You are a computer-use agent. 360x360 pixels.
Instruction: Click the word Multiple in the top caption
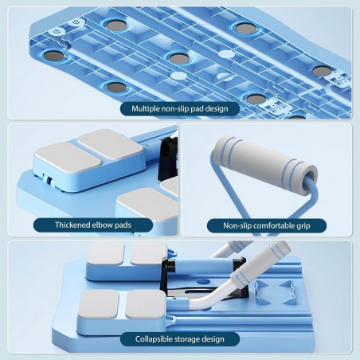click(146, 109)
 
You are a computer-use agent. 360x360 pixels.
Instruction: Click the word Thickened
click(72, 225)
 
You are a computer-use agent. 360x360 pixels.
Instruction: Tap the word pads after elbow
click(123, 225)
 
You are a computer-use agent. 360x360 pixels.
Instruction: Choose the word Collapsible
click(152, 339)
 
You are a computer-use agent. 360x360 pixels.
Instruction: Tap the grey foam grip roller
click(265, 157)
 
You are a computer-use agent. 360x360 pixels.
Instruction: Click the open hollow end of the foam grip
click(310, 176)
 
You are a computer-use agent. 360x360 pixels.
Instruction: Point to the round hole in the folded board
click(203, 281)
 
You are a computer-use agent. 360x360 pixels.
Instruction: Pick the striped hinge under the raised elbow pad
click(49, 180)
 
